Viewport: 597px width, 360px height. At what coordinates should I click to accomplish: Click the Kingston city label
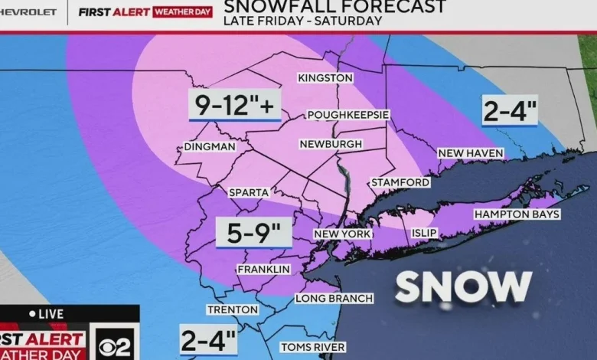point(325,78)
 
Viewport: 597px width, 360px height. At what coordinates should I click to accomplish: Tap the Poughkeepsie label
point(348,115)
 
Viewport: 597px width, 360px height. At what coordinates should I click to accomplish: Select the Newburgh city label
point(330,144)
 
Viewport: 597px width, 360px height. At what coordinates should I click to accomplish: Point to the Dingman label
point(210,147)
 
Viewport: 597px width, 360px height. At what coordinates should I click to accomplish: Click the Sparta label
point(249,192)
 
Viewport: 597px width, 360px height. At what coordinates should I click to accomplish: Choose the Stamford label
point(400,182)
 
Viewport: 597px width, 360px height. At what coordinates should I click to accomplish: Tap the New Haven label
point(471,154)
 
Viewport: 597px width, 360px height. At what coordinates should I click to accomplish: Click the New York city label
point(342,234)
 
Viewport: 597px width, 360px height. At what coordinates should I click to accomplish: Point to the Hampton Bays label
point(517,214)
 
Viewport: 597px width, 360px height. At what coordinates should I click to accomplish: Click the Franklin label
point(263,270)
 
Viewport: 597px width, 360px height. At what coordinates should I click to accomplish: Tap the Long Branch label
point(334,298)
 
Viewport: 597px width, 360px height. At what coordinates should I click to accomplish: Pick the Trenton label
point(233,309)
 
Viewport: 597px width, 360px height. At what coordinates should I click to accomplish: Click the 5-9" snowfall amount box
point(253,231)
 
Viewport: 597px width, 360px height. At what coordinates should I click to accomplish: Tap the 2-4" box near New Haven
point(510,112)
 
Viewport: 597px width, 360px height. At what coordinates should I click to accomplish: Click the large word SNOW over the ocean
point(463,287)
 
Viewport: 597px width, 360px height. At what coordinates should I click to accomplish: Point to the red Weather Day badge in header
point(183,12)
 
